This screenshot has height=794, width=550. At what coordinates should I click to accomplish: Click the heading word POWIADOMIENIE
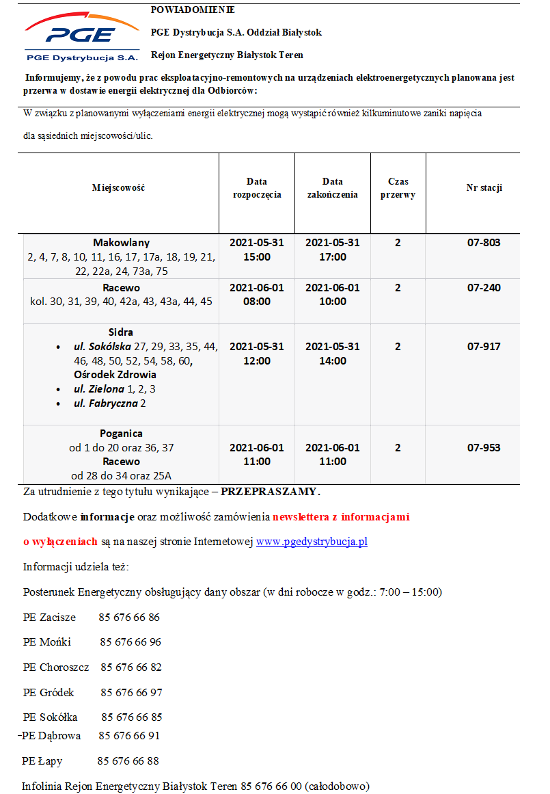[193, 10]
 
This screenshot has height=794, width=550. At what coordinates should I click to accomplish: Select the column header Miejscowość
[118, 188]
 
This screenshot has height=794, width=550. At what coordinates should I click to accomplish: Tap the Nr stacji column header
[484, 188]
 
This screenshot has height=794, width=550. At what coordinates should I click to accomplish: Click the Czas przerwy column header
[398, 188]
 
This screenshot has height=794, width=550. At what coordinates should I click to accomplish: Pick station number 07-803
[484, 243]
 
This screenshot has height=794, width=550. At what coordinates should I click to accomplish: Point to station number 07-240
[484, 288]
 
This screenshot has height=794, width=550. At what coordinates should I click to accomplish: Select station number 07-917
[484, 347]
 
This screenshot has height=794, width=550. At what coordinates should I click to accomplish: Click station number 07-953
[484, 448]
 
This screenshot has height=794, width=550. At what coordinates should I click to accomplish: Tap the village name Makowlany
[121, 243]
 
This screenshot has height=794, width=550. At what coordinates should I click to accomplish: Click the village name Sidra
[121, 332]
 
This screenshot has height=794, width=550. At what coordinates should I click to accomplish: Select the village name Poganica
[121, 434]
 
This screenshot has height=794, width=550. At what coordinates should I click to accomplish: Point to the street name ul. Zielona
[99, 389]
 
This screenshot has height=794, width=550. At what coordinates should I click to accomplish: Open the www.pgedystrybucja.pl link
[312, 542]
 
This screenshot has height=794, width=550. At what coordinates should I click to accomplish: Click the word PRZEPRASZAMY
[270, 492]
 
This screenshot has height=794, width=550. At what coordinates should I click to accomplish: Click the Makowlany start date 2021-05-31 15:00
[256, 250]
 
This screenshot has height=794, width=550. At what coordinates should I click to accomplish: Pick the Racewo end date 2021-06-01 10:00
[332, 295]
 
